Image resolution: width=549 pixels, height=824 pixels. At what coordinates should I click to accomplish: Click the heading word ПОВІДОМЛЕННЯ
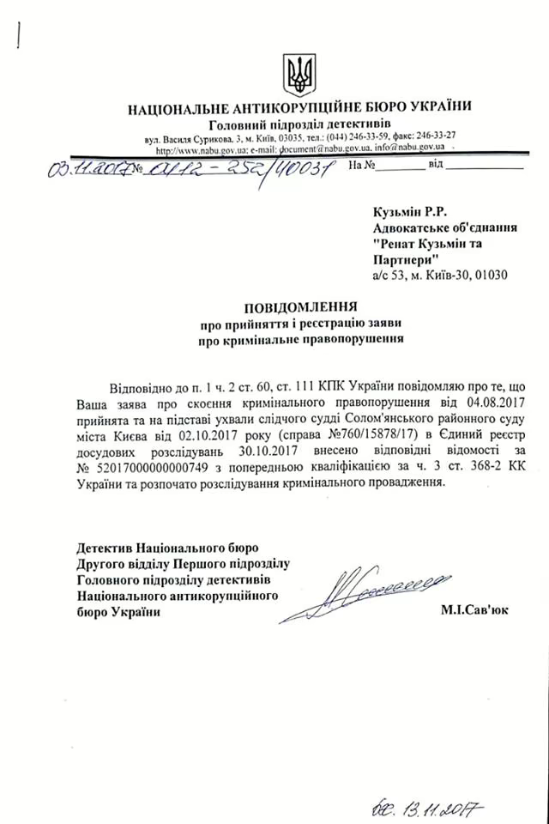click(299, 306)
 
